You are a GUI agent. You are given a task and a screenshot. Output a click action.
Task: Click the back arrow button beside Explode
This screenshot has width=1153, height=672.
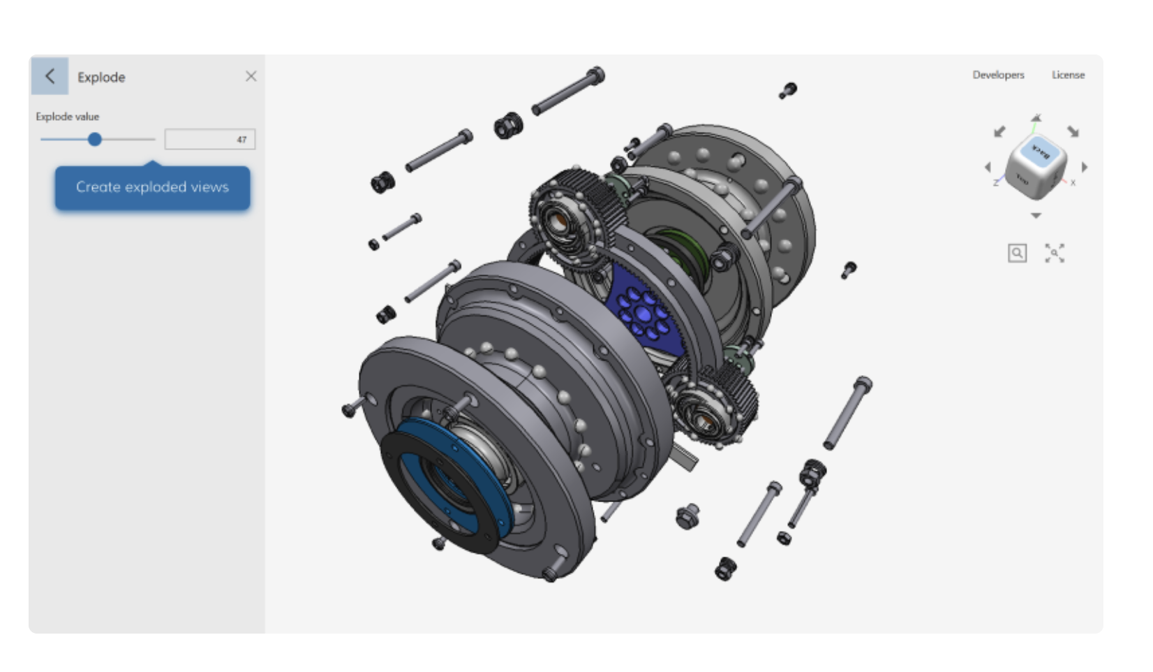click(x=50, y=76)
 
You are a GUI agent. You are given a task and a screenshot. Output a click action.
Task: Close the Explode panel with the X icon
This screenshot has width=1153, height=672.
click(x=251, y=76)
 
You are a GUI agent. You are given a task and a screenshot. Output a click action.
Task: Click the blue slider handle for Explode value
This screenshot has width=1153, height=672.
click(x=95, y=140)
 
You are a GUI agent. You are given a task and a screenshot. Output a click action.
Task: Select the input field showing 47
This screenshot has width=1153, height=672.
click(x=209, y=140)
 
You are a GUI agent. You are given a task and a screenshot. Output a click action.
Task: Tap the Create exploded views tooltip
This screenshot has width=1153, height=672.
click(x=152, y=187)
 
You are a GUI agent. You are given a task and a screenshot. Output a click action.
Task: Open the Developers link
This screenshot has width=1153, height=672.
click(x=998, y=75)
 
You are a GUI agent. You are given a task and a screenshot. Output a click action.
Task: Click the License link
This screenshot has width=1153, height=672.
click(x=1068, y=75)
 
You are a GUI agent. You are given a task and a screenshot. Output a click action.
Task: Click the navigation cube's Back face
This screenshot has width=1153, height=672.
click(x=1040, y=151)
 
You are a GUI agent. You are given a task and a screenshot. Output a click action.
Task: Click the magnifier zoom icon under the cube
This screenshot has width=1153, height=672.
click(x=1017, y=253)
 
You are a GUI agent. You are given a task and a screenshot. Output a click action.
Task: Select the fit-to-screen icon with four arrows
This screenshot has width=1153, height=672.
click(x=1055, y=253)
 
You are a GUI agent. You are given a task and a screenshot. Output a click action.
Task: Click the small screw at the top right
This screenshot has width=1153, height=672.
click(x=788, y=91)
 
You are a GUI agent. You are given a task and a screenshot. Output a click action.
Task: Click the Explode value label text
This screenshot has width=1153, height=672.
click(x=68, y=117)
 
